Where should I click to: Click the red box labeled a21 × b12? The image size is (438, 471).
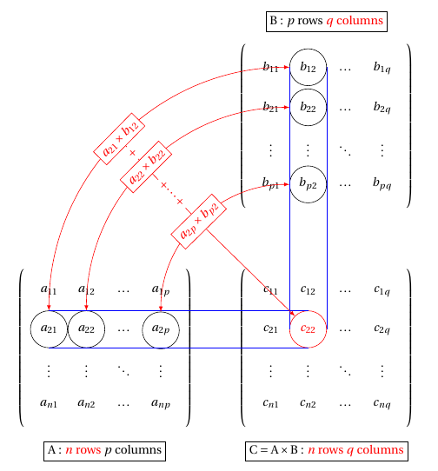coord(119,139)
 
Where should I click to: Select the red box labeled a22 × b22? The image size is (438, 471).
coord(146,167)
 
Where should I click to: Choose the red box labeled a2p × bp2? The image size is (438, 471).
coord(198,222)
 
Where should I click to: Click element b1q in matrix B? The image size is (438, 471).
coord(382,67)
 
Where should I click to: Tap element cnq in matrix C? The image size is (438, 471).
coord(382,403)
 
